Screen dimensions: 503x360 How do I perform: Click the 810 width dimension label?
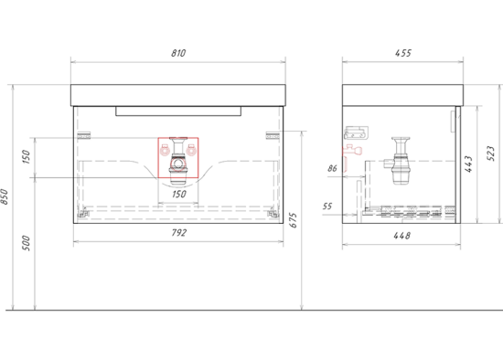click(178, 53)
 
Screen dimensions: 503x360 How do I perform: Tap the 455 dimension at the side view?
click(403, 53)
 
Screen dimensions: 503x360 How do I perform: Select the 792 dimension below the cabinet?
click(178, 232)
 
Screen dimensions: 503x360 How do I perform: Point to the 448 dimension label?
click(402, 236)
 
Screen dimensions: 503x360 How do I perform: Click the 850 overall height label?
click(5, 196)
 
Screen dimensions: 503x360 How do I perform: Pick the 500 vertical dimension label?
click(26, 243)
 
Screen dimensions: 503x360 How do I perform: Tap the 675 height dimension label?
click(294, 220)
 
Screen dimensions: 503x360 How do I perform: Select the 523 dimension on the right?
click(491, 154)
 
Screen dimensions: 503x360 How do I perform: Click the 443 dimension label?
click(468, 164)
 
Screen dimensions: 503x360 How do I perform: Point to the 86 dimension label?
click(332, 168)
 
